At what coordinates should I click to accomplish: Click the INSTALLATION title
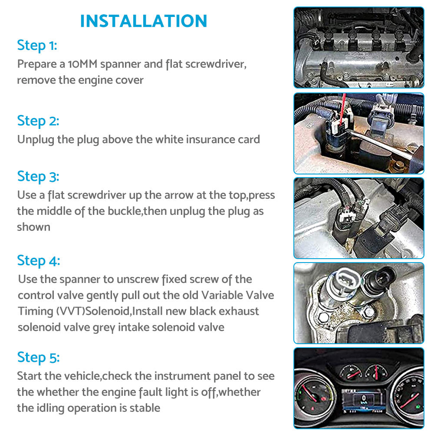click(x=143, y=21)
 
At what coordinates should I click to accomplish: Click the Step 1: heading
click(x=37, y=46)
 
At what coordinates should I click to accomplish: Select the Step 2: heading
click(x=38, y=121)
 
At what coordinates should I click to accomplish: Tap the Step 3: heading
click(x=38, y=177)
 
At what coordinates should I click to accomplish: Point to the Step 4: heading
click(x=39, y=261)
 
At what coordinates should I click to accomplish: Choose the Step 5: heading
click(x=38, y=357)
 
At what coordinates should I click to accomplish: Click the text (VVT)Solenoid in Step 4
click(x=93, y=311)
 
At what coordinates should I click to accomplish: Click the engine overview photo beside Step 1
click(x=359, y=47)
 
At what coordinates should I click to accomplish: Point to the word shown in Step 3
click(x=33, y=227)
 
